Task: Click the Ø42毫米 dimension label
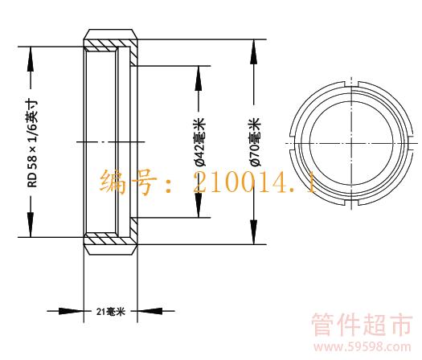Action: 199,141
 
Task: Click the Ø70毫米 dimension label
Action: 255,141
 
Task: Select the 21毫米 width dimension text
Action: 111,312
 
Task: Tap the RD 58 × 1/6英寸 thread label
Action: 32,144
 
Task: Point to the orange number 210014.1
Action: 254,183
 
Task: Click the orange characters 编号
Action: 128,182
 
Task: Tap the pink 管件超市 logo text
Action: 362,324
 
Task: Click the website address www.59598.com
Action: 363,347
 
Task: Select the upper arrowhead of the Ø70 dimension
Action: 253,51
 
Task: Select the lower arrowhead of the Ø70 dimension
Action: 253,232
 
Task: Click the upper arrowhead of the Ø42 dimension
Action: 199,78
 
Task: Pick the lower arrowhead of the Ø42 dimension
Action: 199,205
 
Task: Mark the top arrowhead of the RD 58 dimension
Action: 31,59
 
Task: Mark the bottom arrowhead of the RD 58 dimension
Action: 31,225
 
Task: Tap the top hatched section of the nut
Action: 111,45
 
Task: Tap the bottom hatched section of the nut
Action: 111,238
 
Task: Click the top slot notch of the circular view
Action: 351,84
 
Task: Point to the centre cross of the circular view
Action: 351,143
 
